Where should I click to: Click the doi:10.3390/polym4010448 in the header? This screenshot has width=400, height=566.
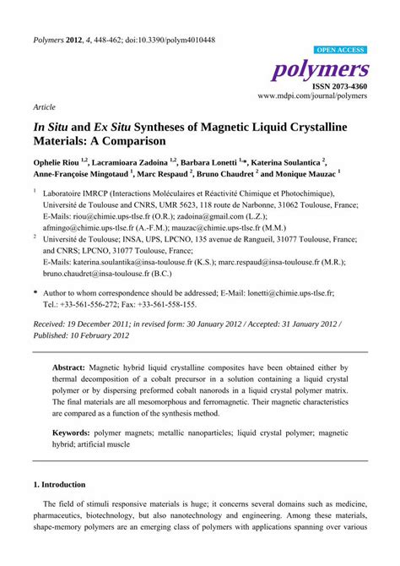[170, 40]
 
